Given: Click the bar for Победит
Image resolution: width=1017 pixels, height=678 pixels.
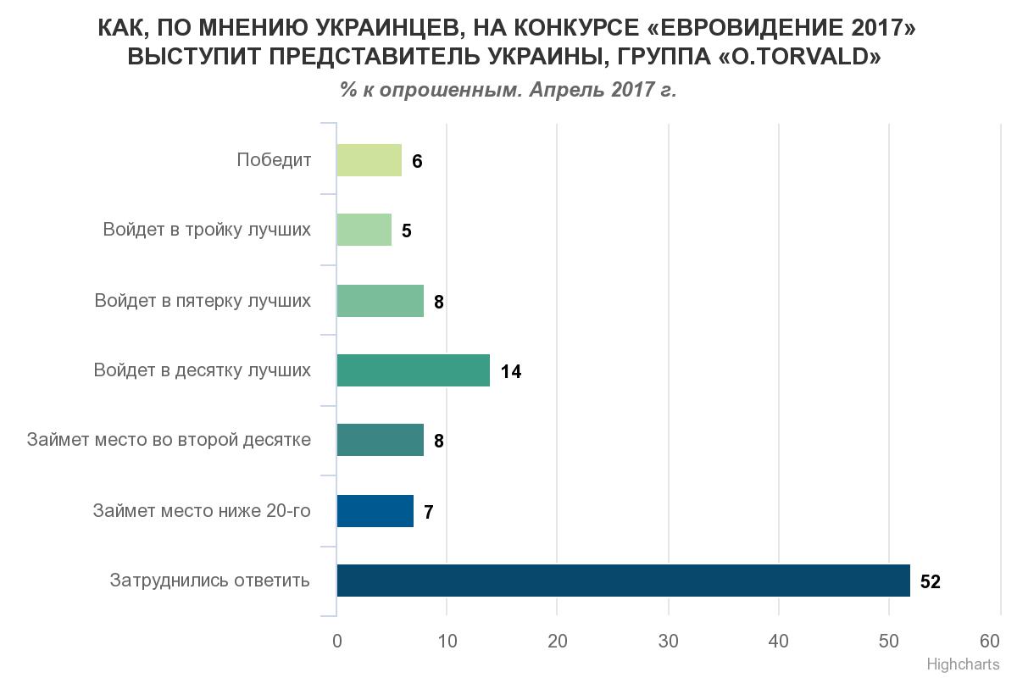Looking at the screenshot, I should pos(369,160).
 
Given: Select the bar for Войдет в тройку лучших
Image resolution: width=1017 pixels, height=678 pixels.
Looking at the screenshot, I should pos(364,230).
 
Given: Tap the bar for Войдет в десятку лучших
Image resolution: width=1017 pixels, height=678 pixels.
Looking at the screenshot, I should pos(413,370).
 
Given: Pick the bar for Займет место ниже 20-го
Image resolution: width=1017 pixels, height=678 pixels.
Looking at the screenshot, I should pos(375,511).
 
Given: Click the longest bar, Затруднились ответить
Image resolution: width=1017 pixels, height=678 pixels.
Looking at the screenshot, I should pos(623,581).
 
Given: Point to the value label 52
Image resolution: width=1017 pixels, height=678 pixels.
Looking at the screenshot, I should pos(930,582).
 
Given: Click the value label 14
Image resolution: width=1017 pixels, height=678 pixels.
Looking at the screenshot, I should pos(510,372).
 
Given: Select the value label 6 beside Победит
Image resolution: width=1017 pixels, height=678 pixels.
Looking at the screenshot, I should pos(417,162).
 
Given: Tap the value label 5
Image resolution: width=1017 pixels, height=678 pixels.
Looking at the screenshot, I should pos(407,231).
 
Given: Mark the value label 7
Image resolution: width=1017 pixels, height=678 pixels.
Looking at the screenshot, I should pos(429,513).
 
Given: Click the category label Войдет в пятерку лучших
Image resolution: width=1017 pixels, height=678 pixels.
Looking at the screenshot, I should pos(203,301).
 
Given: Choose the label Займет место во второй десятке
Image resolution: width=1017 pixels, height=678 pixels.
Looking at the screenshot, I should pos(169,440).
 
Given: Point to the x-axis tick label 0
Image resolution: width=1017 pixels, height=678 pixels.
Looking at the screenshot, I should pos(337,642).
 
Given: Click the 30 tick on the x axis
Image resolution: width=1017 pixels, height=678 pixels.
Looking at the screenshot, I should pos(669,642).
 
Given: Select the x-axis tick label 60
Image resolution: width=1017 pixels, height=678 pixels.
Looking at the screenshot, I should pos(990,640).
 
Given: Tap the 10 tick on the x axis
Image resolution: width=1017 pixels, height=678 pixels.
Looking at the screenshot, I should pos(447,642).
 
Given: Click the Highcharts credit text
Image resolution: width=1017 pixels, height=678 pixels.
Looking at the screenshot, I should pos(963,664).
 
